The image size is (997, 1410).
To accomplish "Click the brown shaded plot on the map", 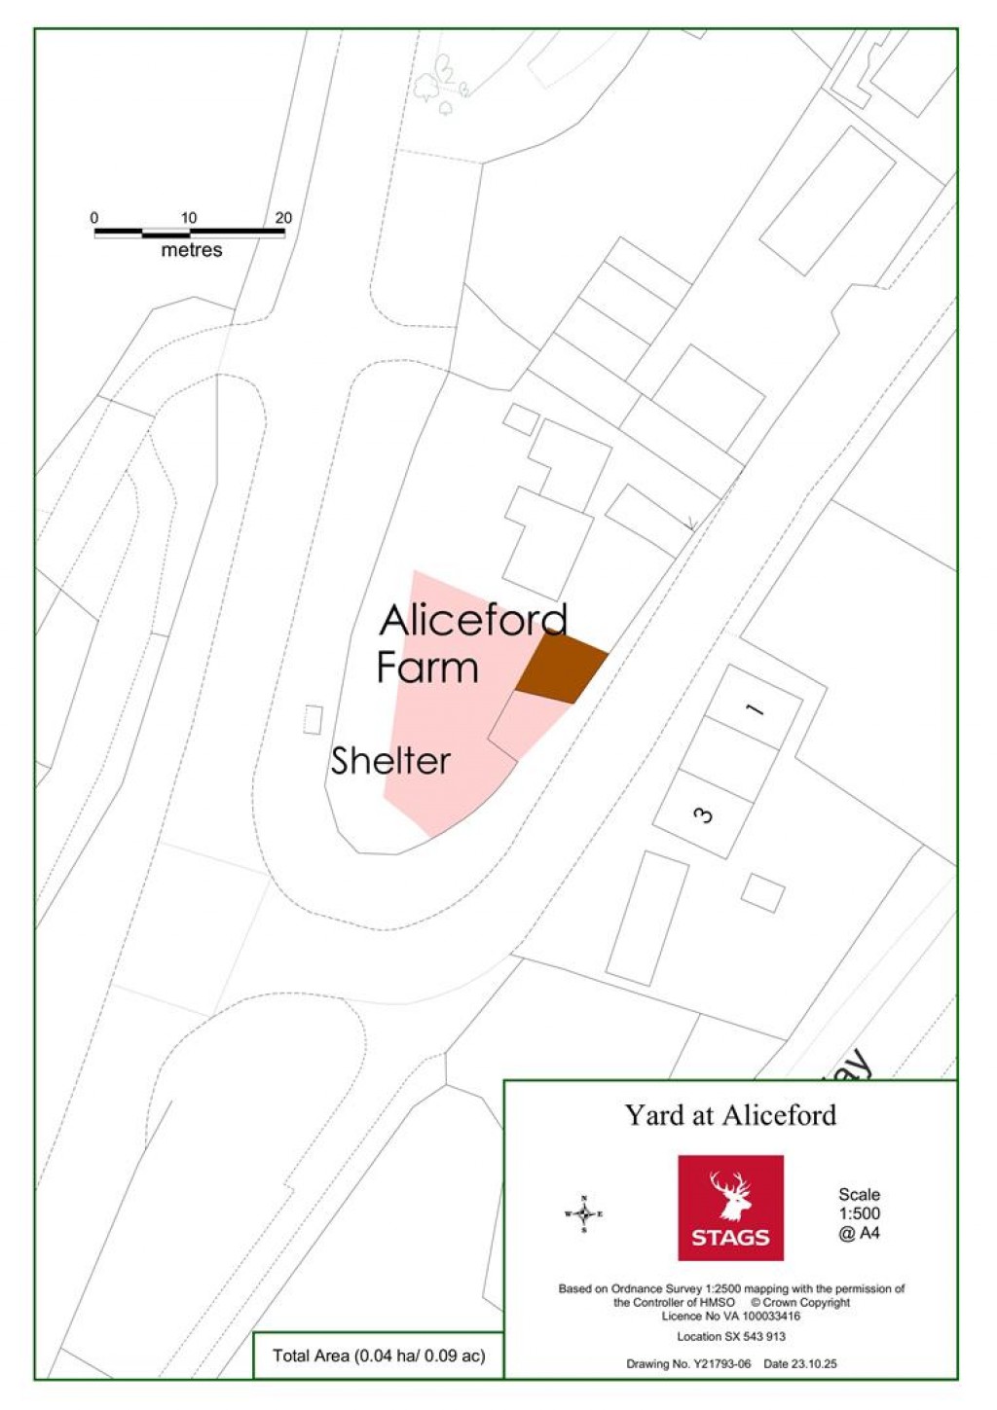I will pyautogui.click(x=561, y=668).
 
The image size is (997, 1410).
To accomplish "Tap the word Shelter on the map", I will pyautogui.click(x=389, y=760).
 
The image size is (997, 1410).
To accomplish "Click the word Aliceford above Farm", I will pyautogui.click(x=473, y=621).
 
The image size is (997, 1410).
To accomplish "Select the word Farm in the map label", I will pyautogui.click(x=427, y=669).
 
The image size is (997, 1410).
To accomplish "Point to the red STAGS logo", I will pyautogui.click(x=730, y=1207).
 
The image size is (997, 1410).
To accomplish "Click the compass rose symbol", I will pyautogui.click(x=583, y=1213).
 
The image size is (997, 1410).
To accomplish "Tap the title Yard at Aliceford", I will pyautogui.click(x=730, y=1115).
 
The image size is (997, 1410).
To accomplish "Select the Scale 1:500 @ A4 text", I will pyautogui.click(x=859, y=1213).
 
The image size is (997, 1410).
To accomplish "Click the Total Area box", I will pyautogui.click(x=378, y=1356).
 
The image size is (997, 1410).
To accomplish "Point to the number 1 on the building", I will pyautogui.click(x=755, y=708).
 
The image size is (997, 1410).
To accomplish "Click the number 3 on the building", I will pyautogui.click(x=704, y=814).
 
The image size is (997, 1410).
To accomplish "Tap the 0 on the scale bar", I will pyautogui.click(x=94, y=218).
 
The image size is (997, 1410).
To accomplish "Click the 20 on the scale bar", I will pyautogui.click(x=283, y=218).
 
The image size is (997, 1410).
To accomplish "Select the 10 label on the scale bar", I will pyautogui.click(x=189, y=218).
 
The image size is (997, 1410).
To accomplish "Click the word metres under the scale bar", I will pyautogui.click(x=191, y=250).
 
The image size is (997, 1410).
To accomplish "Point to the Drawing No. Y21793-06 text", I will pyautogui.click(x=688, y=1364).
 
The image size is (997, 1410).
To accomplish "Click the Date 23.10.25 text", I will pyautogui.click(x=800, y=1364).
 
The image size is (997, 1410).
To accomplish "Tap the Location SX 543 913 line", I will pyautogui.click(x=730, y=1336).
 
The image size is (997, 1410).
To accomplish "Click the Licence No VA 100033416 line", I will pyautogui.click(x=730, y=1316).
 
